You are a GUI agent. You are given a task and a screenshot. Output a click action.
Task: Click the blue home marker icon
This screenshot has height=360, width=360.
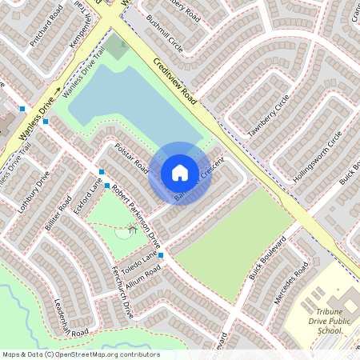pos(180,173)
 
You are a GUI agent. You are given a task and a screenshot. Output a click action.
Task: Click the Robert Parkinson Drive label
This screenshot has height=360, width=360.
pos(135,216)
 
